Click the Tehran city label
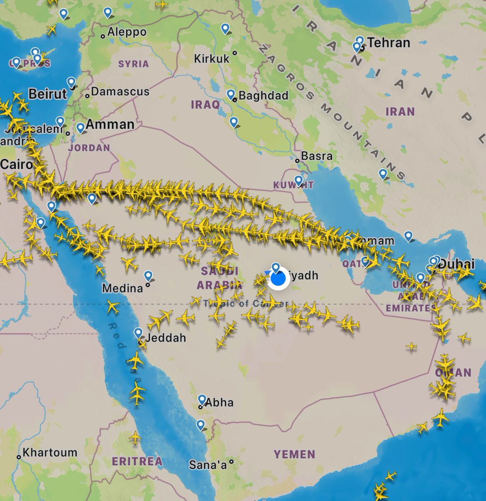(388, 43)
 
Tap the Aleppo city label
(127, 32)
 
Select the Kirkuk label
(212, 58)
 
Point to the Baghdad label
(263, 96)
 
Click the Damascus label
(120, 91)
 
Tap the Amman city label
(110, 124)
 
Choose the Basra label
(317, 156)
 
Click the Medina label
(122, 288)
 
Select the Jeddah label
(166, 338)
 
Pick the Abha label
(219, 402)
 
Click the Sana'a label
(208, 464)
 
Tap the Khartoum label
(50, 453)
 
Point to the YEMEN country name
(295, 454)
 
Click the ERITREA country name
(137, 461)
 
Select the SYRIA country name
(133, 64)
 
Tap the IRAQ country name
(205, 104)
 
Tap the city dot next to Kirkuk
(235, 53)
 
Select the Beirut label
(47, 94)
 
